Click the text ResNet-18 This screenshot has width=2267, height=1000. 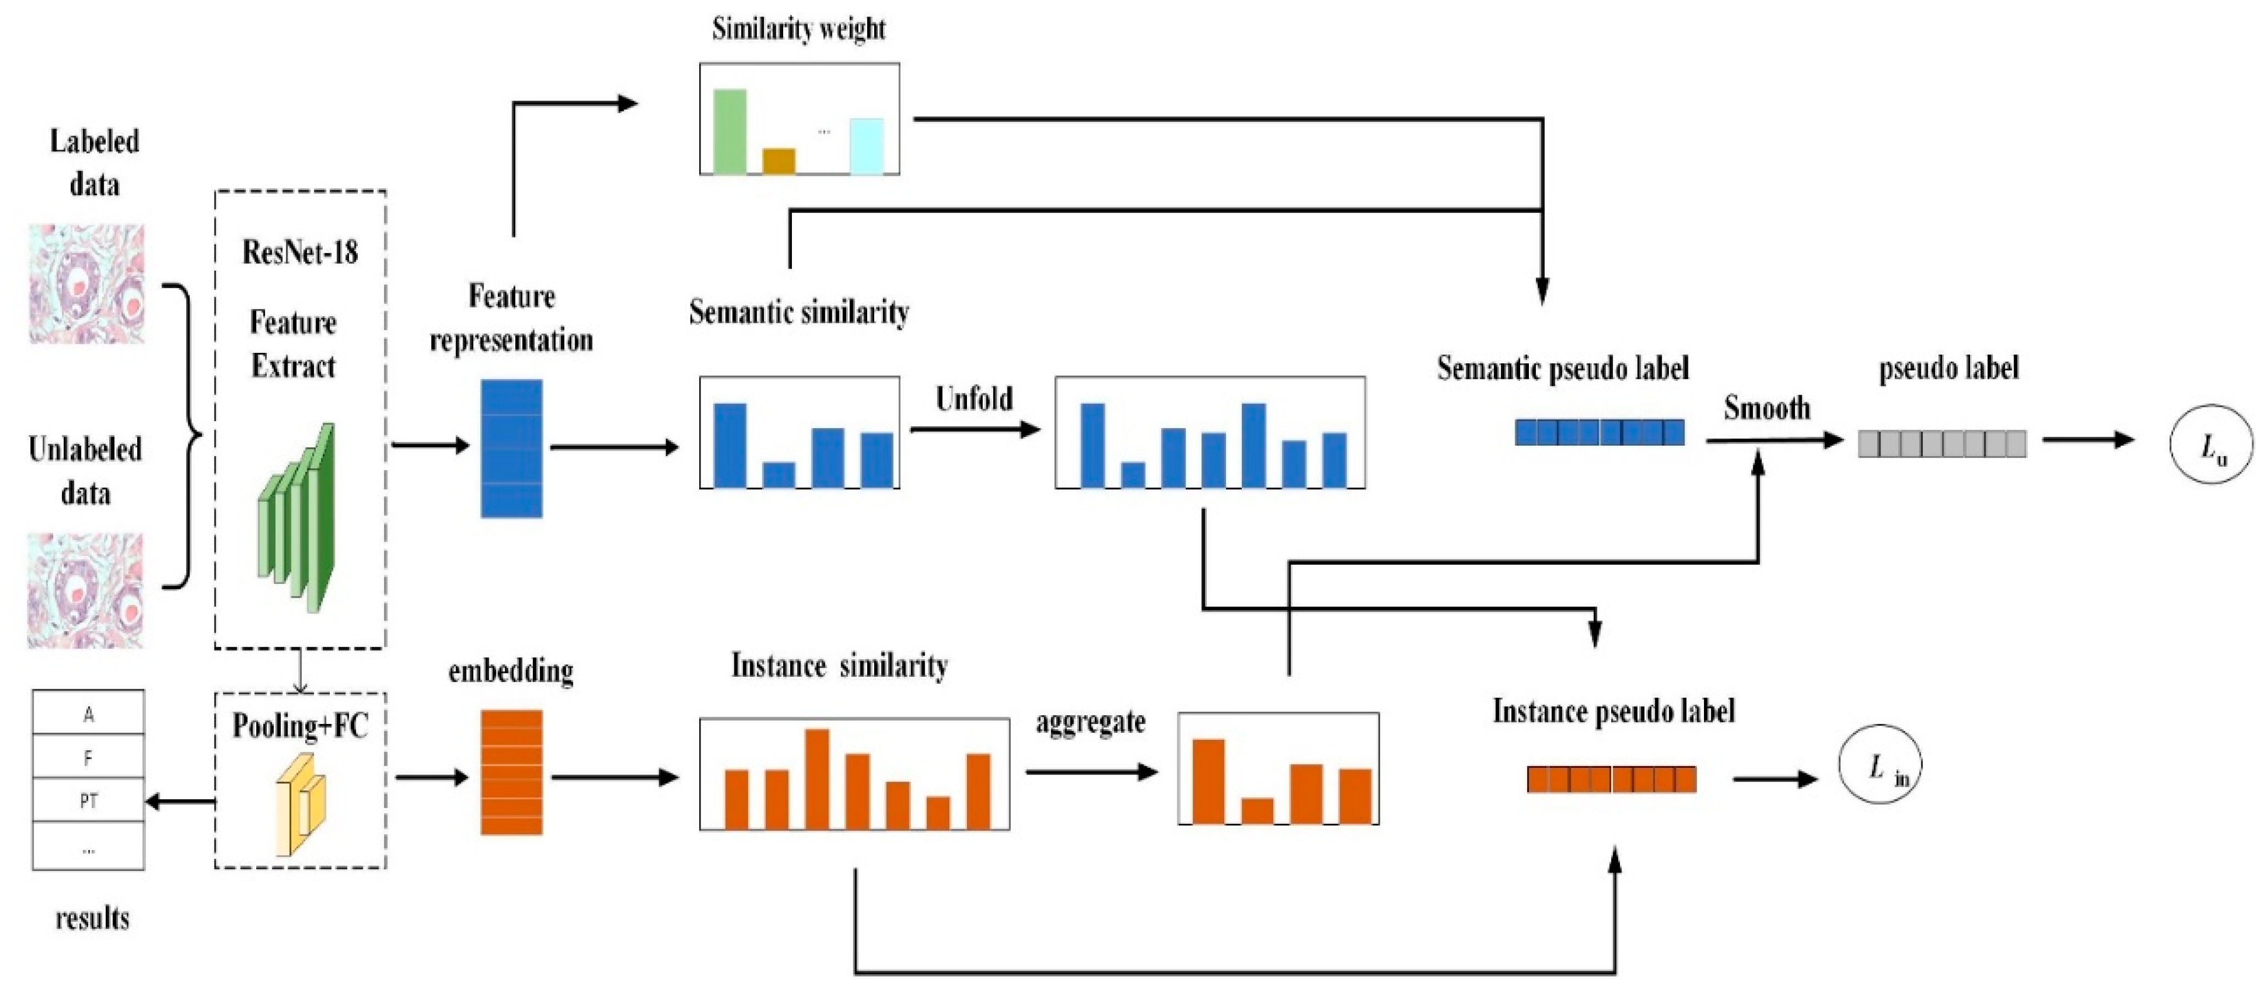click(x=300, y=252)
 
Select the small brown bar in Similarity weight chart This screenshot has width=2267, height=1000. click(x=779, y=161)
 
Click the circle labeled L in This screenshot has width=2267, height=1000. click(x=1880, y=764)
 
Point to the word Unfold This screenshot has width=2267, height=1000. click(x=974, y=400)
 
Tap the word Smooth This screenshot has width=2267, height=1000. click(x=1767, y=408)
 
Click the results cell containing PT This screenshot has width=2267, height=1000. click(x=88, y=800)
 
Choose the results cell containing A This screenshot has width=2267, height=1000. click(x=88, y=713)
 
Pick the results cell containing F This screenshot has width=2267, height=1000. click(x=88, y=756)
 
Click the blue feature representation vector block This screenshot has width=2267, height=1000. click(x=511, y=448)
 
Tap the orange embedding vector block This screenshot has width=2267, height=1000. click(x=511, y=772)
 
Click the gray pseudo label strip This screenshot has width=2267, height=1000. click(x=1942, y=443)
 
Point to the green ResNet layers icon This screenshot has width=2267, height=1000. click(x=296, y=519)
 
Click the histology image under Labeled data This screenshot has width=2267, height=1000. click(x=86, y=283)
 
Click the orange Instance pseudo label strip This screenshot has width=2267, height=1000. click(x=1611, y=779)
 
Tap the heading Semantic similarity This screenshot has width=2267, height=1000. click(x=798, y=312)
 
